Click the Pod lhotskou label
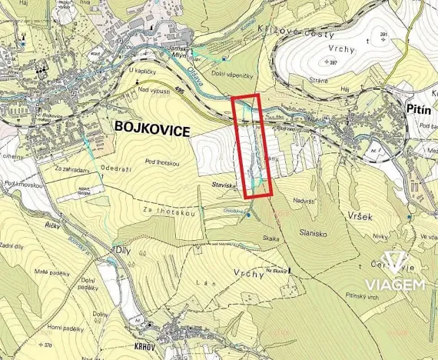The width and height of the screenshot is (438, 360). click(162, 162)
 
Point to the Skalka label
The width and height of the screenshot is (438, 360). click(270, 239)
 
